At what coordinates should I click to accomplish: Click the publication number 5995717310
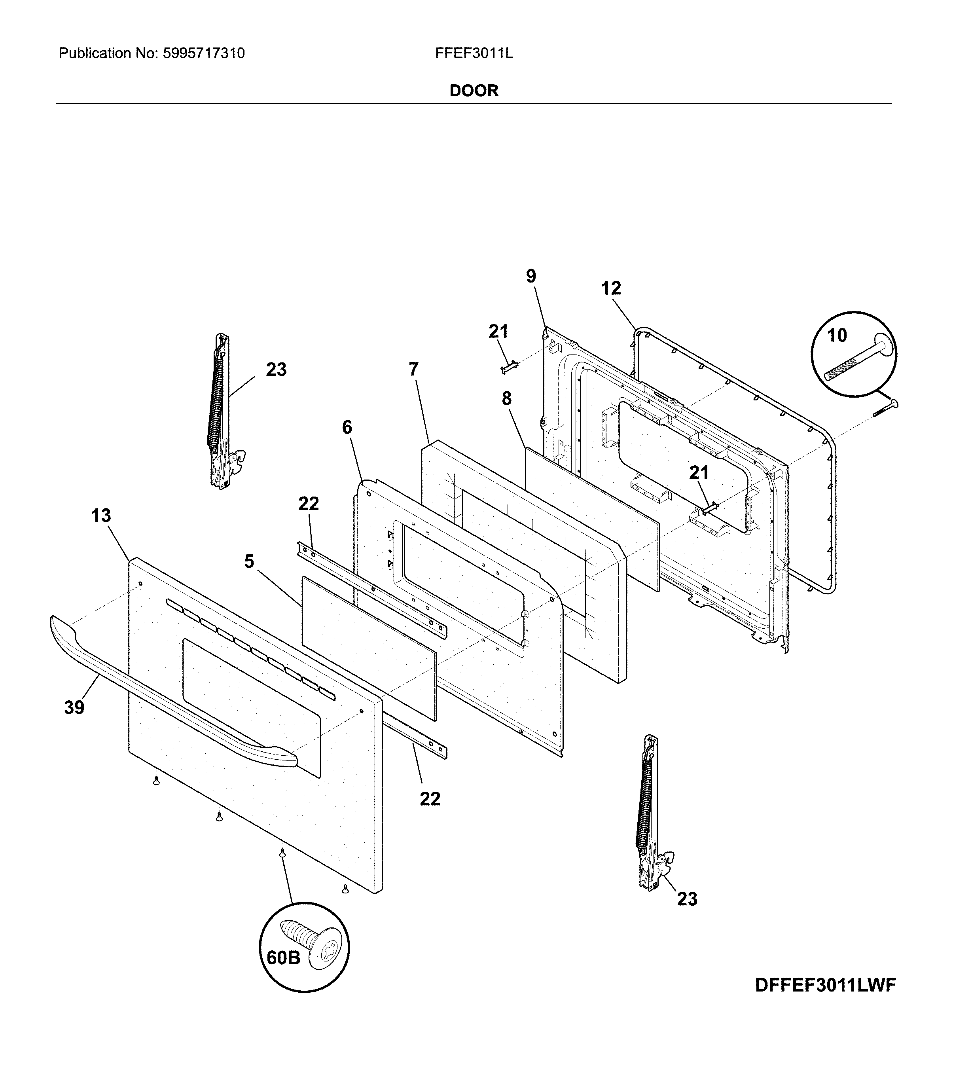coord(204,53)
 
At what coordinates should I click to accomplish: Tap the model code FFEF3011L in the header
coord(474,53)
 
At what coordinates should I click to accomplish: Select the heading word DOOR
coord(474,91)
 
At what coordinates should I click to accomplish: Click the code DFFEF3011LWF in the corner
coord(825,986)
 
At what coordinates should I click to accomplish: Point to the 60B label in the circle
coord(284,958)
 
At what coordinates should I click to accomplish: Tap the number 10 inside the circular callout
coord(837,335)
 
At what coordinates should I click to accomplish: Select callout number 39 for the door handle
coord(74,708)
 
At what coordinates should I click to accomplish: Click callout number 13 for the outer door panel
coord(101,516)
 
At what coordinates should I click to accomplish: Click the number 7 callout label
coord(414,369)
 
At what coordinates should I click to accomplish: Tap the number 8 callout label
coord(506,399)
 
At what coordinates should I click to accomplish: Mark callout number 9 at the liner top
coord(531,276)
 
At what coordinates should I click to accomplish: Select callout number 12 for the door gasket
coord(611,288)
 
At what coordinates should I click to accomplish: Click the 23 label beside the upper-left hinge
coord(276,370)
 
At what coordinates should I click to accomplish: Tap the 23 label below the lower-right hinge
coord(687,899)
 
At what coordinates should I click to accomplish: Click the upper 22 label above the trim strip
coord(309,504)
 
